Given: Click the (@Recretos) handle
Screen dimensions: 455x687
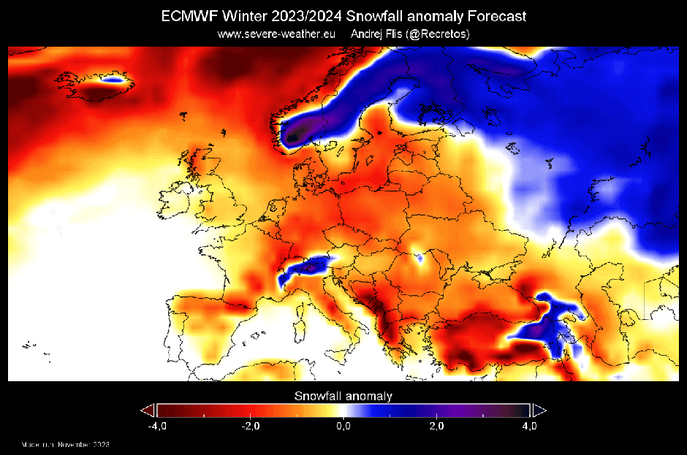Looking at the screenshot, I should point(441,34).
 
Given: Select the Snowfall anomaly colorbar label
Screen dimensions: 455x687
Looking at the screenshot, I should point(343,397).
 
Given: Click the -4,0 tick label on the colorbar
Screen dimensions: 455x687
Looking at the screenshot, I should point(156,426).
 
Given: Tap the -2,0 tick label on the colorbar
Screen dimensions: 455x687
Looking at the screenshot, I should point(249,426).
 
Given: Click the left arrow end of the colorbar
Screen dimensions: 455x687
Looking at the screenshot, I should point(148,410).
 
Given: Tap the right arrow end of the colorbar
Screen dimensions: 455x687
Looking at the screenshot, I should point(539,410).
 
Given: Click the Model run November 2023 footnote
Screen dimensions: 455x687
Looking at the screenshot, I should point(65,444).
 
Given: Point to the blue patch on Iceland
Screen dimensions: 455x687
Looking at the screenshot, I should point(112,80).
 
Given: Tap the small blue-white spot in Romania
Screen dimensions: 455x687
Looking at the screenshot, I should point(420,256).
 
